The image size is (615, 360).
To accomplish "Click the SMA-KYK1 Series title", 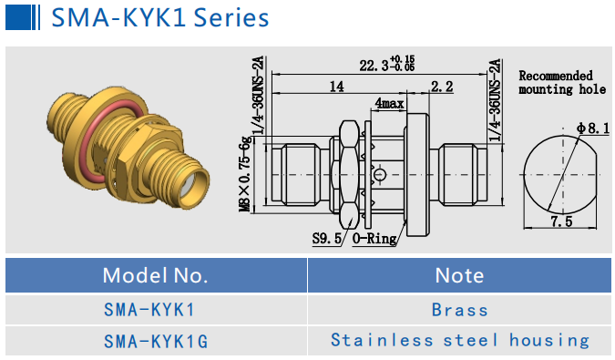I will point(159,17).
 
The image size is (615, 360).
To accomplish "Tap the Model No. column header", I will point(155,274).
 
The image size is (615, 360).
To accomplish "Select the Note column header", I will point(459,274).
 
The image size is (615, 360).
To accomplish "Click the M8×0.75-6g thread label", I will point(244,173).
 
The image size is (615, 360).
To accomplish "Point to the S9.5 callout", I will point(324,239).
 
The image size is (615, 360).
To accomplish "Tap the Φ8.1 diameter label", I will point(592,129).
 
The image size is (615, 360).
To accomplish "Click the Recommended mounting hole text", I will point(561,82).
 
